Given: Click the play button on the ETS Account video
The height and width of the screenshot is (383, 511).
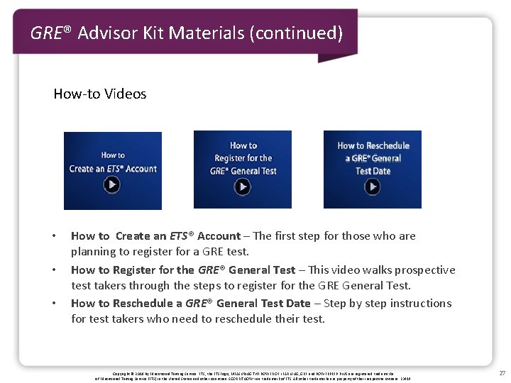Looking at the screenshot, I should click(112, 185).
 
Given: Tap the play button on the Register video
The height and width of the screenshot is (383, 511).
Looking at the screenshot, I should click(243, 186).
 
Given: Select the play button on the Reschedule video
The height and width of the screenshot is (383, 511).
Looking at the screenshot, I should click(373, 186).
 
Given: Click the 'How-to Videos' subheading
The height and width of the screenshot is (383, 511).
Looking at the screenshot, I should click(100, 94).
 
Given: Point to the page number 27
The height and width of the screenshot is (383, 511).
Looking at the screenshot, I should click(502, 373).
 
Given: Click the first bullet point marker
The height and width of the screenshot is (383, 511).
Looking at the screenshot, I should click(54, 236).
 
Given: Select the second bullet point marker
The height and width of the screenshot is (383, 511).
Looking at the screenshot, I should click(54, 270).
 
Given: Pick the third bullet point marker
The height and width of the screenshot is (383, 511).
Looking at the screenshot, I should click(54, 304).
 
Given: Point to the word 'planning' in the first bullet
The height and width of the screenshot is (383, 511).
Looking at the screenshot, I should click(93, 252).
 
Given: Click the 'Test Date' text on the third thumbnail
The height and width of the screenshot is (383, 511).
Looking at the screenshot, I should click(373, 171).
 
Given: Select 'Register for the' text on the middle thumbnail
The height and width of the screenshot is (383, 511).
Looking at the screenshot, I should click(243, 158).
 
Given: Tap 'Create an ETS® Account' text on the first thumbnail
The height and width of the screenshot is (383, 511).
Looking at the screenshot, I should click(113, 169).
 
